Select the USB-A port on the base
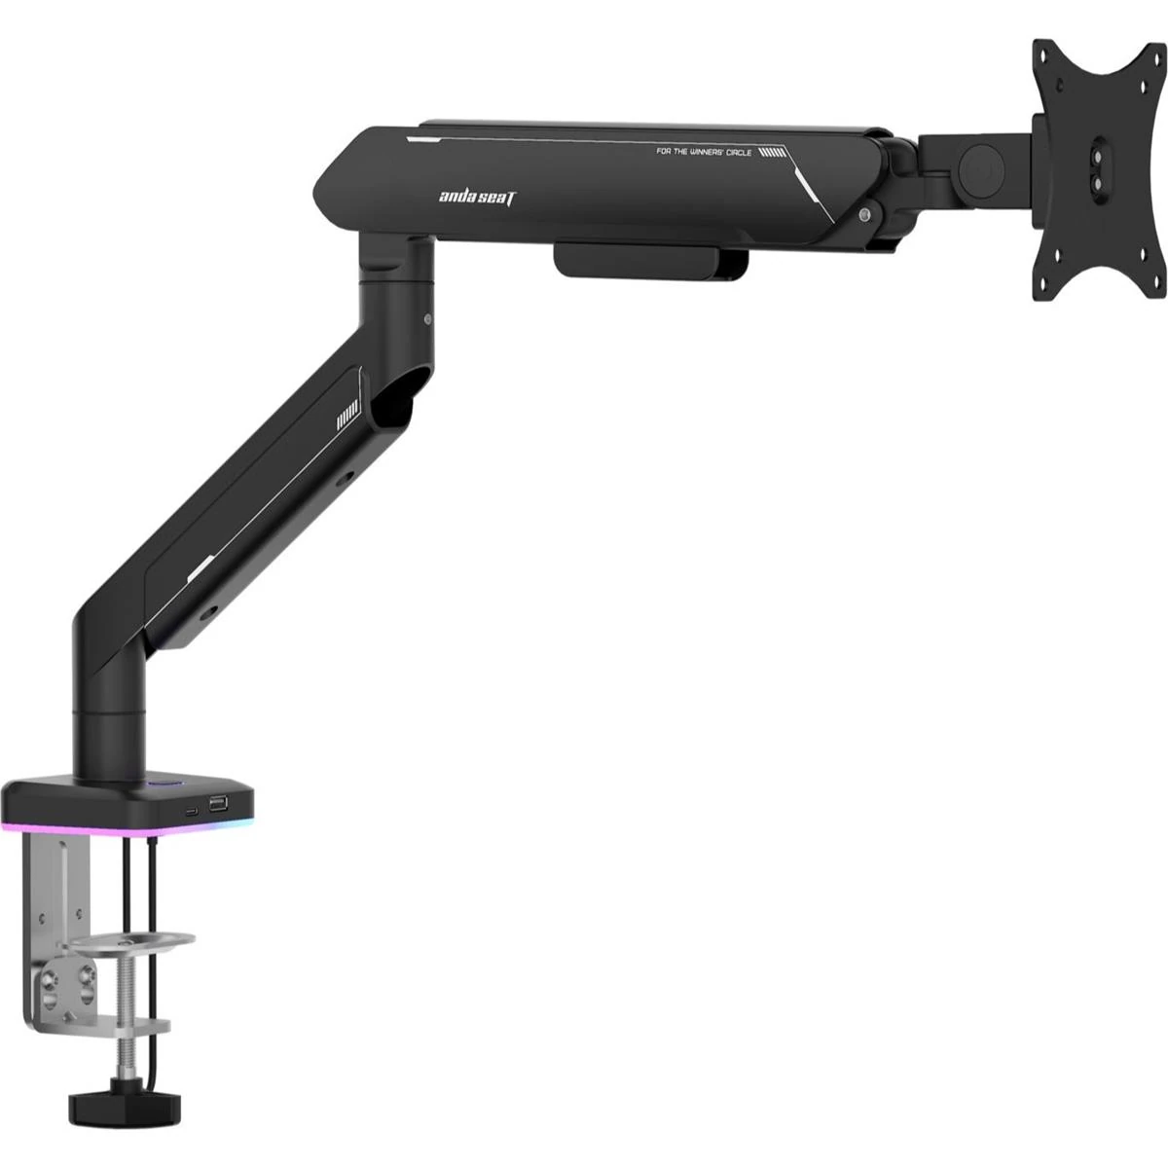[x=218, y=804]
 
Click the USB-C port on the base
[x=192, y=811]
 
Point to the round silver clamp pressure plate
[x=129, y=942]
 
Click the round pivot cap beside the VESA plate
[x=982, y=168]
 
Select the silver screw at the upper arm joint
[x=865, y=213]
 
